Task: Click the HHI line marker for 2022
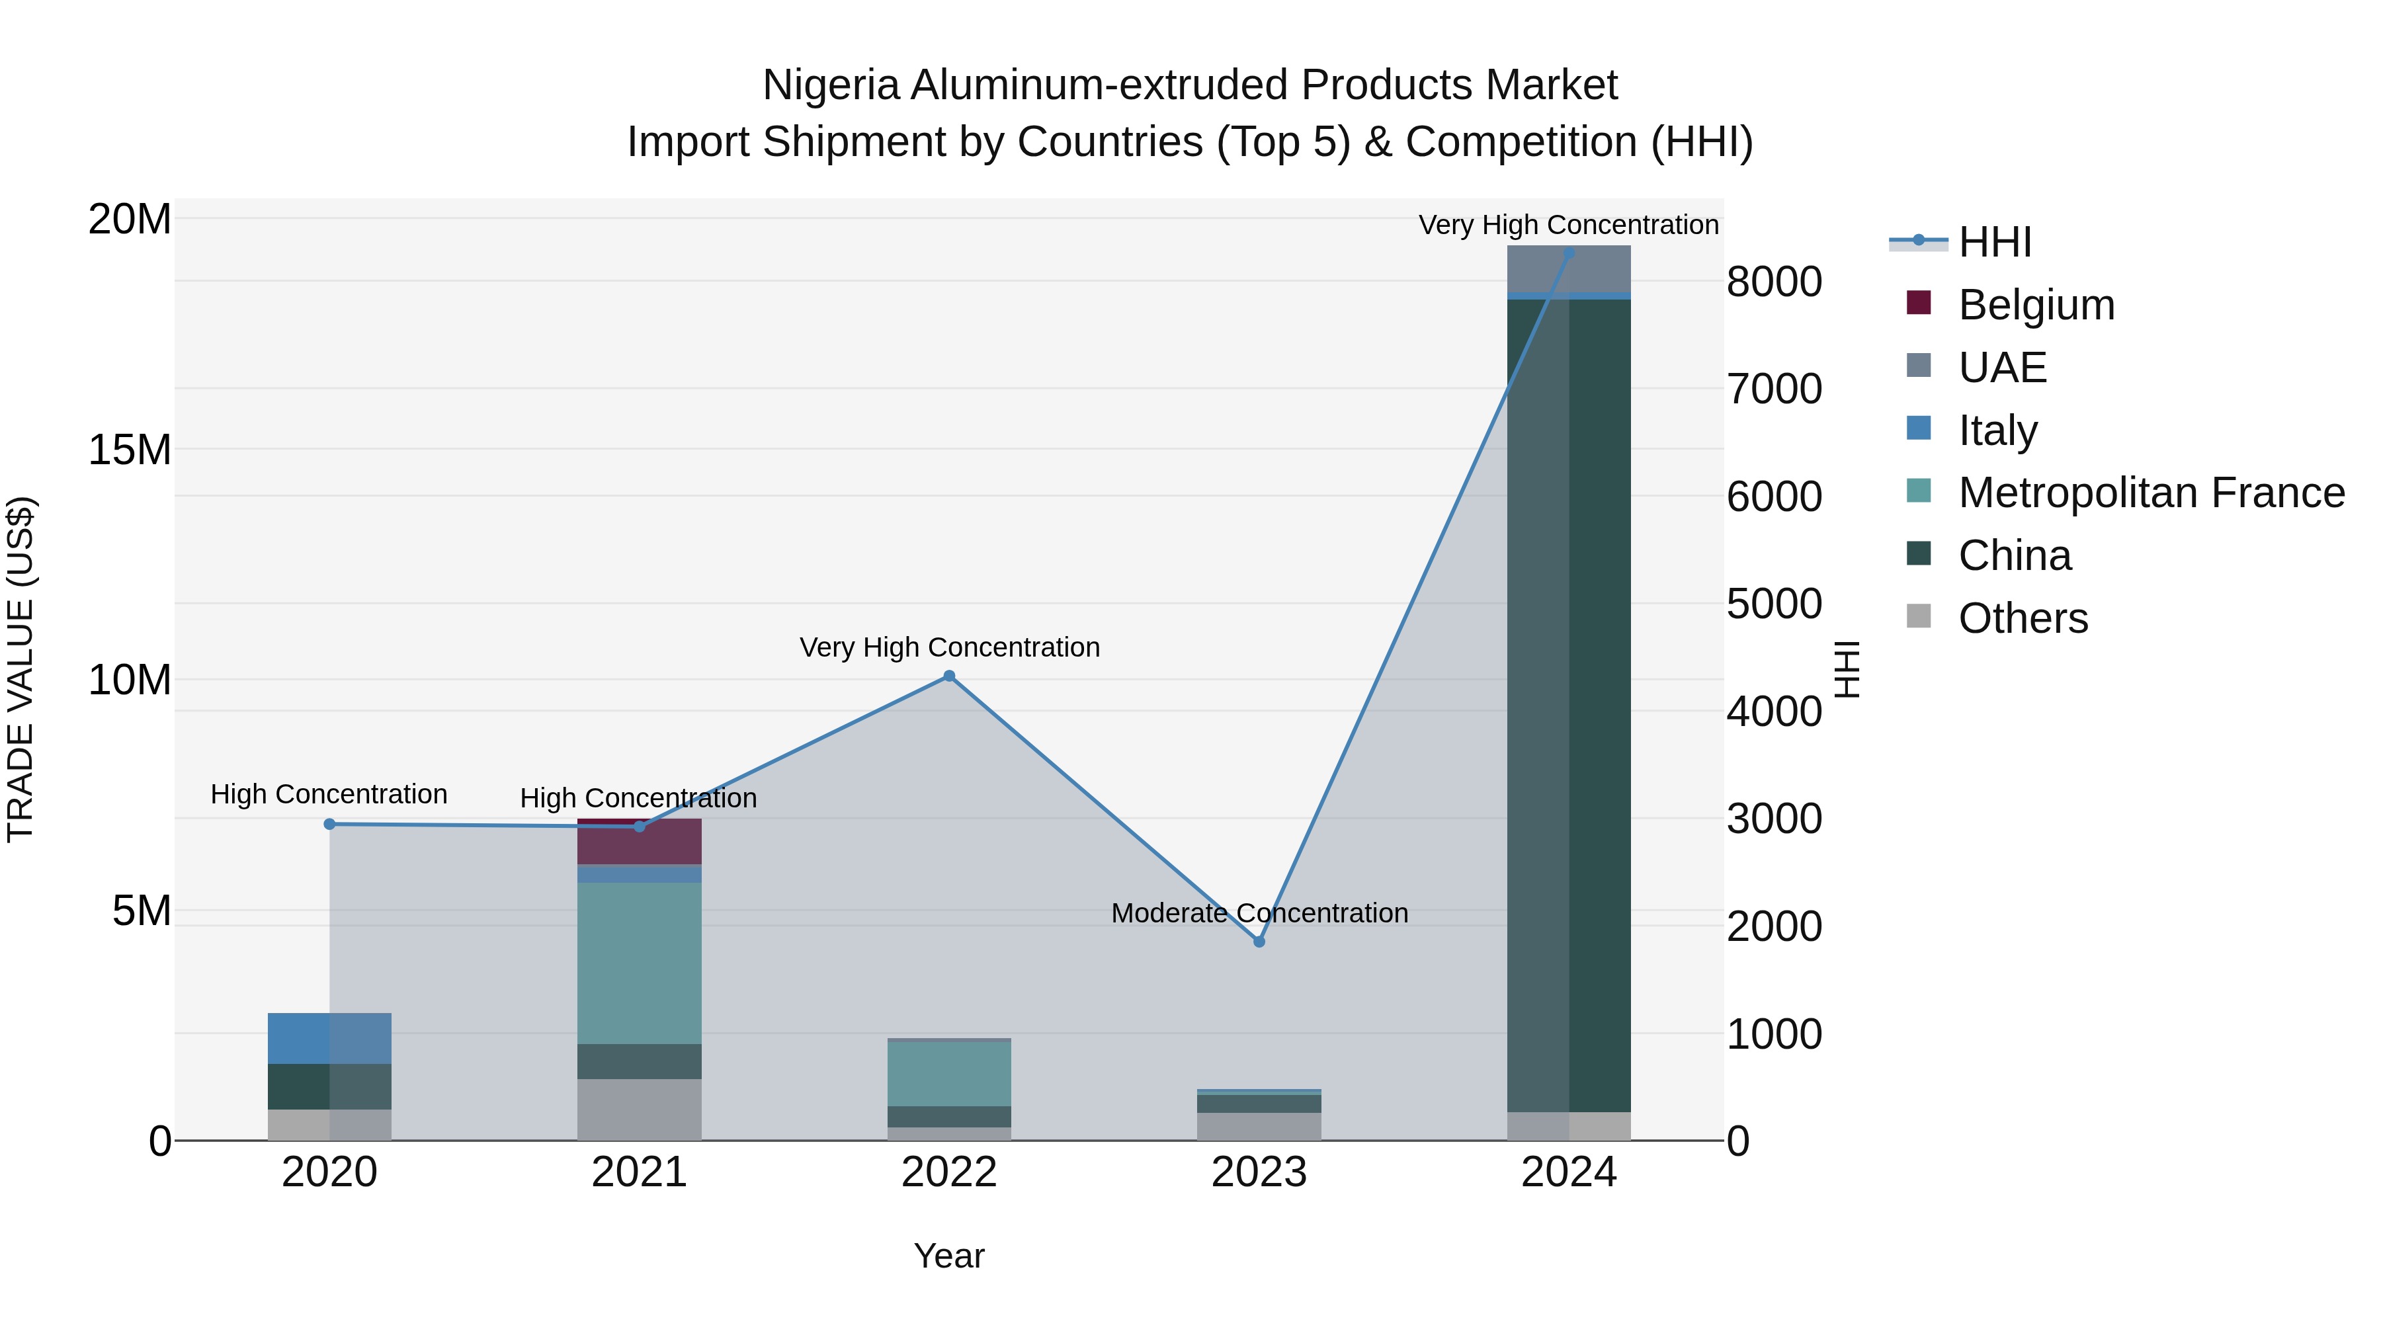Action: coord(948,676)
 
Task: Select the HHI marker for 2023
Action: coord(1259,942)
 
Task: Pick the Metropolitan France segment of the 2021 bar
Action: coord(640,963)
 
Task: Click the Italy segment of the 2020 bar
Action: coord(329,1039)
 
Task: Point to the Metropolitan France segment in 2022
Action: coord(948,1074)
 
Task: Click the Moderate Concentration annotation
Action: coord(1259,913)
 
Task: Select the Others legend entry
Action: coord(2023,618)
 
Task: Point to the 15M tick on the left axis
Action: coord(130,450)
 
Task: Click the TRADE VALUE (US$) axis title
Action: coord(21,669)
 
